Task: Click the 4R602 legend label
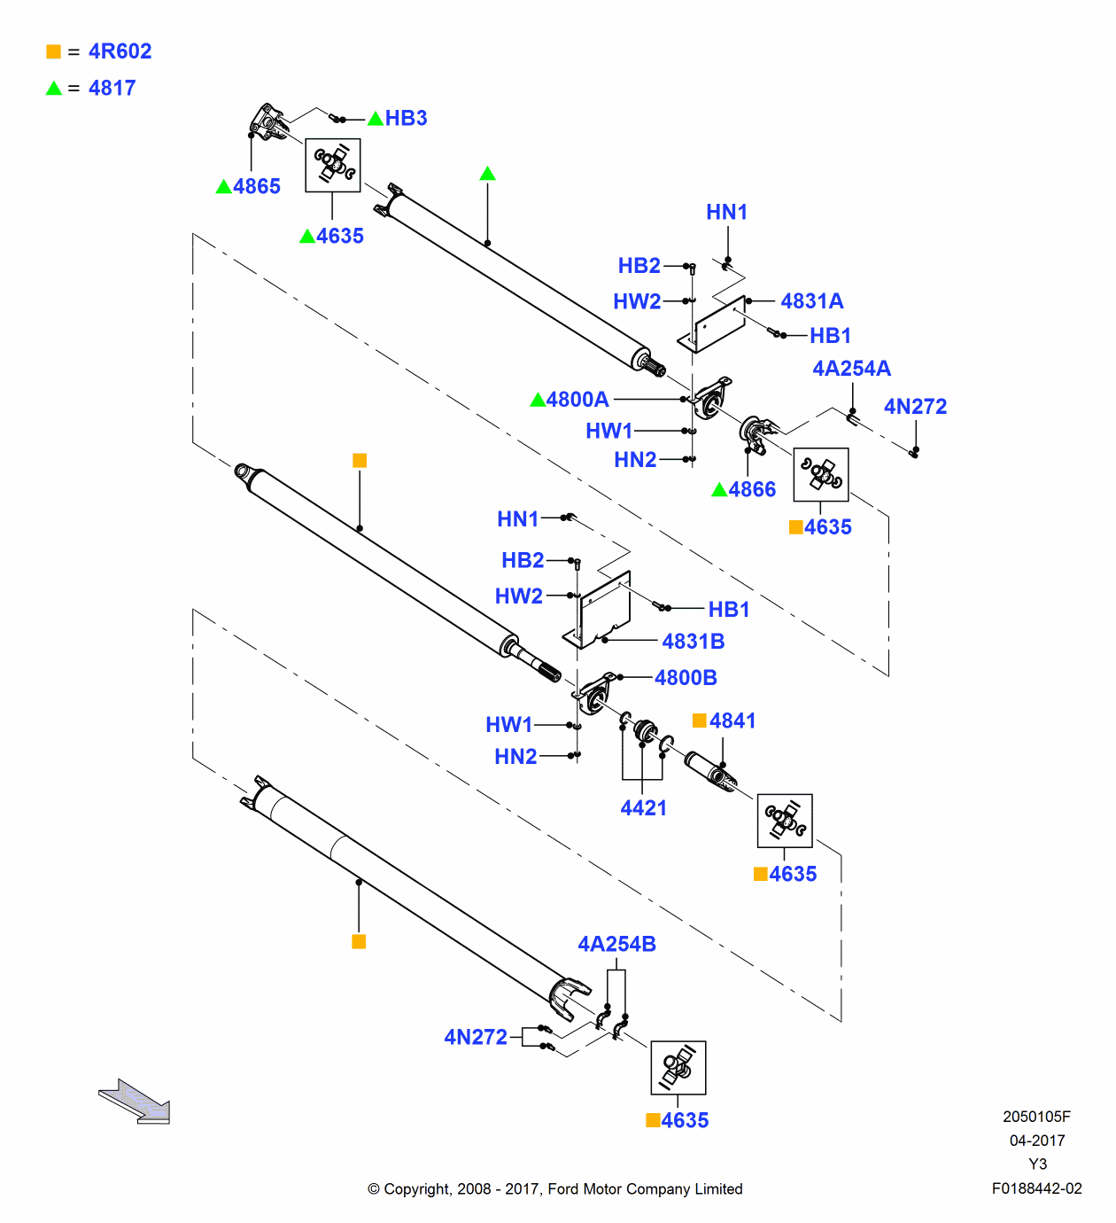[120, 51]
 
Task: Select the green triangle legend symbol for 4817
[54, 88]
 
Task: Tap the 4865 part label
[256, 187]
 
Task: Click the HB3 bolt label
[406, 119]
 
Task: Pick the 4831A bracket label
[811, 301]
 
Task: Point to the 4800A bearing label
[577, 400]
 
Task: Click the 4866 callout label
[751, 490]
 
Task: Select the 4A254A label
[851, 369]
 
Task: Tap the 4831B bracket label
[693, 642]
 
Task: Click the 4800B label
[686, 678]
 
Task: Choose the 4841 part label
[732, 721]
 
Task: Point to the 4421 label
[643, 808]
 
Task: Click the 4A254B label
[616, 945]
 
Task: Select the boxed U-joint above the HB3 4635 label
[333, 165]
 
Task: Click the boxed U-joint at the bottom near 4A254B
[678, 1068]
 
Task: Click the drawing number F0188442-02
[1036, 1188]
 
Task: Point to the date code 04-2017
[1036, 1141]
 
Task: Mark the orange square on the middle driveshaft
[360, 461]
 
